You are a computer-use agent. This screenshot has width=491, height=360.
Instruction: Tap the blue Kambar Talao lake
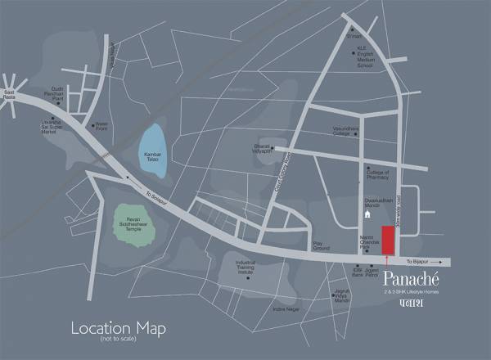pyautogui.click(x=152, y=152)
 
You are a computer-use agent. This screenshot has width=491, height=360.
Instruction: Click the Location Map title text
pyautogui.click(x=118, y=329)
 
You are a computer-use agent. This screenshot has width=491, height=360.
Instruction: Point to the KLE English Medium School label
pyautogui.click(x=365, y=58)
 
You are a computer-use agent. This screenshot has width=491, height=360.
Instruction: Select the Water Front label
pyautogui.click(x=102, y=127)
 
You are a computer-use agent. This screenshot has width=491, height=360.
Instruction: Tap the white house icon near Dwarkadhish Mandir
pyautogui.click(x=368, y=214)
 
